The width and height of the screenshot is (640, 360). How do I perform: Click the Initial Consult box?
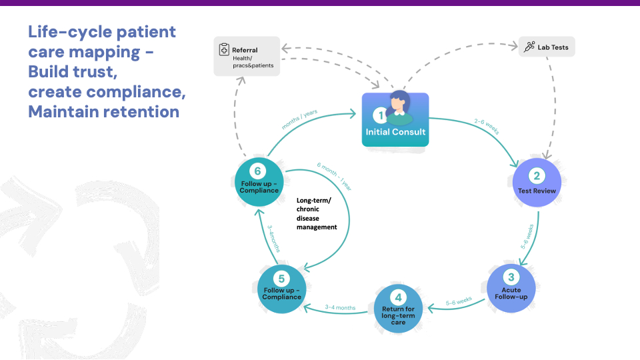point(395,120)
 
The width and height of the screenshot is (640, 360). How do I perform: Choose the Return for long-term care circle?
point(398,308)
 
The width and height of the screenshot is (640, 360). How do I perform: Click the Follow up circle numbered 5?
point(282,288)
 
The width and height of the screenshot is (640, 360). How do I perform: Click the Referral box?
point(247,57)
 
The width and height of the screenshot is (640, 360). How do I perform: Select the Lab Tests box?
point(547,47)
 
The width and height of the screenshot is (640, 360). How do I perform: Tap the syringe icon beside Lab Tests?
point(529,47)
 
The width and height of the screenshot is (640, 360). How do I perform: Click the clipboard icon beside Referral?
point(225,50)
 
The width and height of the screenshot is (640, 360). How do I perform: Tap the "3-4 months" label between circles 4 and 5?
point(340,307)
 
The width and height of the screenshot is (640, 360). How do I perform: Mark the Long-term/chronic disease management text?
point(317,213)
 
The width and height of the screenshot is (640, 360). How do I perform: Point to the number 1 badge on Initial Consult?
point(381,115)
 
